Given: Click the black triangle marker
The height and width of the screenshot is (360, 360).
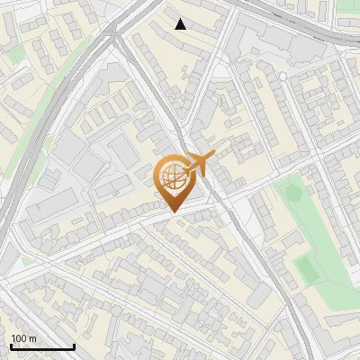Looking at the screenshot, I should (x=181, y=24).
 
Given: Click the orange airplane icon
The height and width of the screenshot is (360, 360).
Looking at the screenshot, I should (x=201, y=164).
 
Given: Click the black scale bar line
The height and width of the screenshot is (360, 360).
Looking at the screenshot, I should (x=42, y=346).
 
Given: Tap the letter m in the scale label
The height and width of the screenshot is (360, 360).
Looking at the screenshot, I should (x=33, y=338).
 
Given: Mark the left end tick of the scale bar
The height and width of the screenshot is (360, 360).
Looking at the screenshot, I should (x=11, y=345).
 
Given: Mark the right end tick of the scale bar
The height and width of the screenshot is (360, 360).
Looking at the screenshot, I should (x=74, y=345).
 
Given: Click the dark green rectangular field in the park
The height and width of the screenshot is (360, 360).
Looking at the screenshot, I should (x=306, y=267).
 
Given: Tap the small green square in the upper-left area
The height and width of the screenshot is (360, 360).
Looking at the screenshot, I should (x=15, y=54).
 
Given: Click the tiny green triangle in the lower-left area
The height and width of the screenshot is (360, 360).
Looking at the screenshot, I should (x=27, y=261).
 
